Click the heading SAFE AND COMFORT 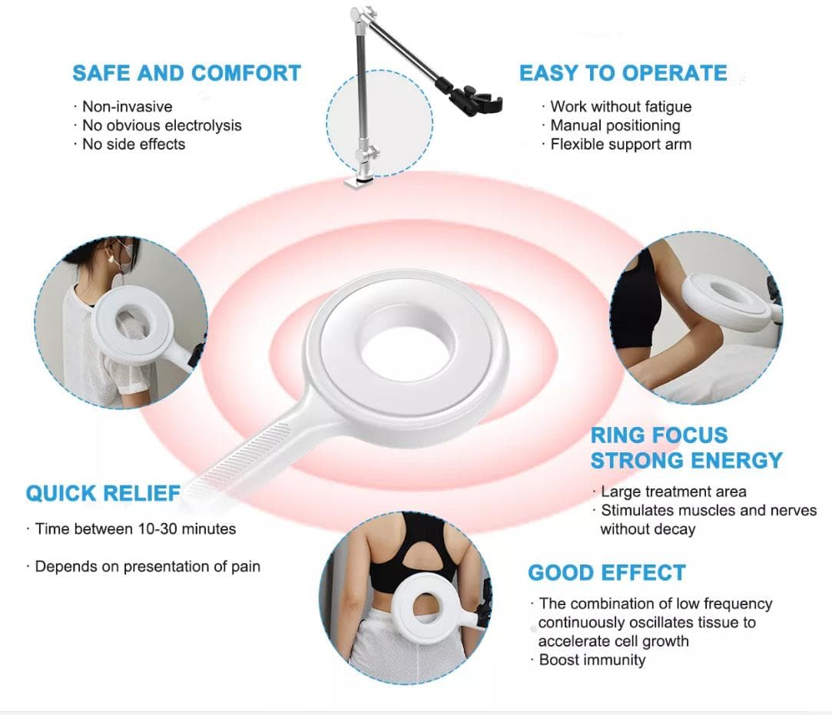click(187, 73)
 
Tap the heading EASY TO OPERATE click(623, 73)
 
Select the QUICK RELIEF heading click(103, 493)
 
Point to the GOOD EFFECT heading click(606, 573)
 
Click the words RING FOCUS click(659, 435)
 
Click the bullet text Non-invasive click(128, 107)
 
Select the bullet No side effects click(134, 144)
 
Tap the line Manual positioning click(615, 126)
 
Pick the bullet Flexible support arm click(621, 144)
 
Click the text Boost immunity click(592, 660)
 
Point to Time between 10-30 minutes click(135, 529)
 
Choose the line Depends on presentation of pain click(148, 567)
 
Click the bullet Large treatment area click(673, 492)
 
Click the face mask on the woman click(123, 256)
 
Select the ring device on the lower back click(427, 607)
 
